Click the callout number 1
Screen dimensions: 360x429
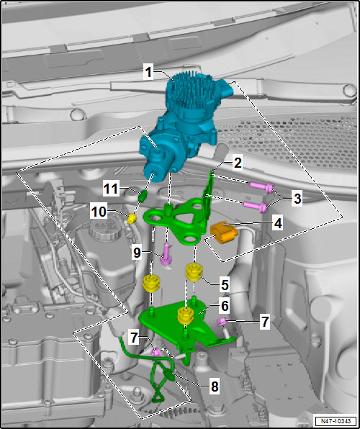[x=148, y=73]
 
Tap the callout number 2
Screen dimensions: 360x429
[x=238, y=163]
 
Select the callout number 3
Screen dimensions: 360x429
[x=297, y=199]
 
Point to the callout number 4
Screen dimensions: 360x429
[x=278, y=224]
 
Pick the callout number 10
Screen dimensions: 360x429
[x=99, y=212]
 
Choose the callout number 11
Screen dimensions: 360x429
[x=111, y=189]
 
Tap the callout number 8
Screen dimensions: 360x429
[x=214, y=387]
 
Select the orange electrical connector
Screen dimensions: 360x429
[x=223, y=232]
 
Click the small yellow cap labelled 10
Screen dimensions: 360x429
[x=132, y=219]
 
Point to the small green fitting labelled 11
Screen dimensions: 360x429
[x=143, y=196]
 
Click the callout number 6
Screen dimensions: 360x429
[x=225, y=307]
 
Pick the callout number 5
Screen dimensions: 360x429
[x=225, y=285]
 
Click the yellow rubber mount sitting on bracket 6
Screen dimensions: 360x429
[x=186, y=315]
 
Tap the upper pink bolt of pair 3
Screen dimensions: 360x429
[x=261, y=187]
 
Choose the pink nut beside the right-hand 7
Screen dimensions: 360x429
[x=221, y=322]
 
